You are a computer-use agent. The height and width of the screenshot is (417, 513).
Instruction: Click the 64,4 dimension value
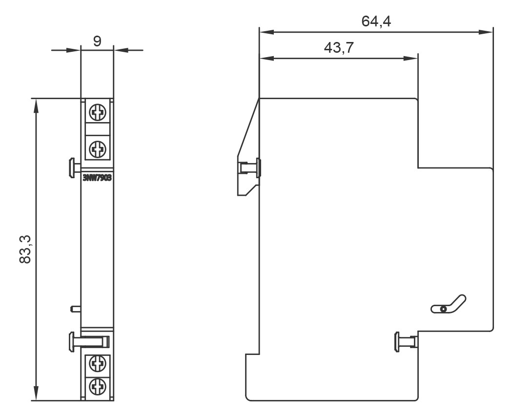(x=376, y=21)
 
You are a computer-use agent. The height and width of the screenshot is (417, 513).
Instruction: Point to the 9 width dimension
(x=97, y=41)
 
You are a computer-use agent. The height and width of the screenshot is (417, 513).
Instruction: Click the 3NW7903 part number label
(x=98, y=178)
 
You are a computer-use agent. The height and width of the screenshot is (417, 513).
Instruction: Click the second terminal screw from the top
(x=98, y=147)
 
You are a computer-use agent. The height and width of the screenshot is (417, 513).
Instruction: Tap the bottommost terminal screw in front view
(x=98, y=387)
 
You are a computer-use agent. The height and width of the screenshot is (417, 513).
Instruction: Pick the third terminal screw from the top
(x=98, y=364)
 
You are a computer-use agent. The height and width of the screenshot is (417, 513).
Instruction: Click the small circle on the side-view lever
(x=443, y=309)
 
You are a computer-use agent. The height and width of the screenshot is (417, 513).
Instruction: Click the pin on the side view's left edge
(x=250, y=167)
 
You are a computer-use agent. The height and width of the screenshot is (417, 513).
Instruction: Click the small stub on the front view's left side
(x=75, y=308)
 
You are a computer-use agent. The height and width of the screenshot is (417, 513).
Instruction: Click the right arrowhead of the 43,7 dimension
(x=411, y=58)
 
